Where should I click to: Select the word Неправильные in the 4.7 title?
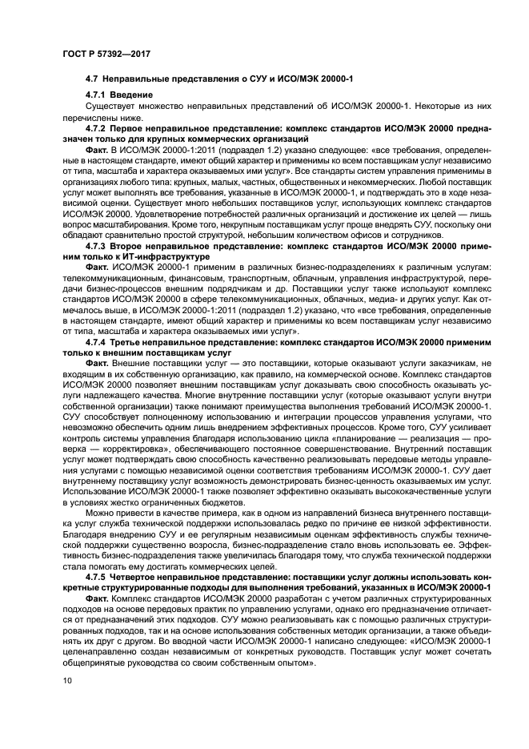coord(141,77)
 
